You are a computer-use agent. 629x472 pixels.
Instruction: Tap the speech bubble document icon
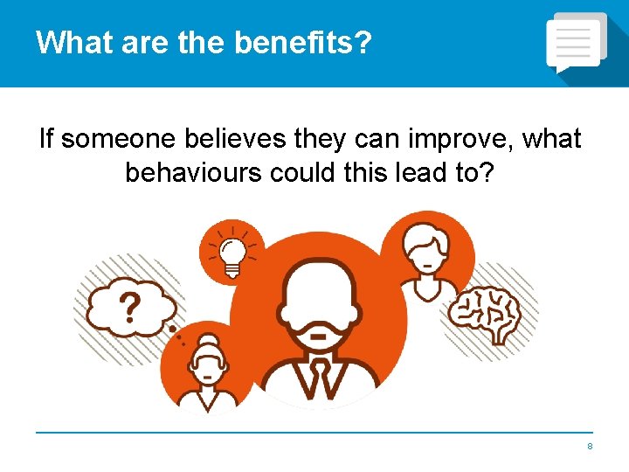click(576, 43)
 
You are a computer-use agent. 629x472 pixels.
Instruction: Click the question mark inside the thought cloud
click(130, 306)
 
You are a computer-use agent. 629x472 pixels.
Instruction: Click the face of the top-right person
click(425, 254)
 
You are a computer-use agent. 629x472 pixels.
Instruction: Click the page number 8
click(590, 447)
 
